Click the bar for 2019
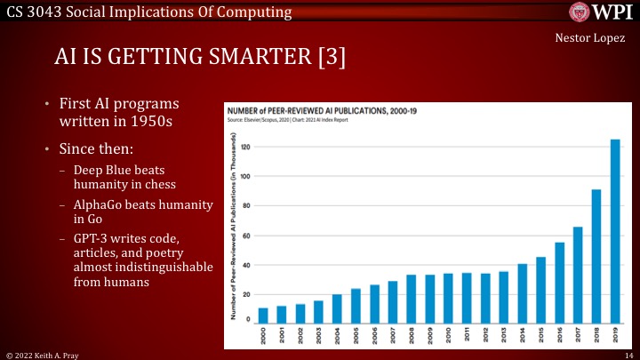coord(614,231)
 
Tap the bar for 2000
coord(263,316)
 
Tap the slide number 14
coord(628,354)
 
